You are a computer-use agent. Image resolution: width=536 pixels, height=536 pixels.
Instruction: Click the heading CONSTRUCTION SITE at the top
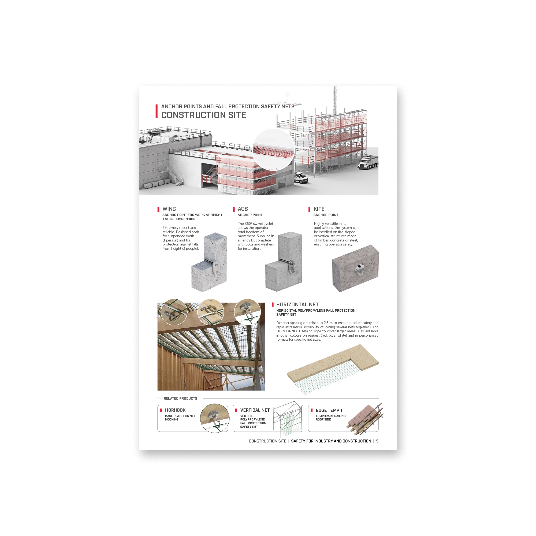(204, 115)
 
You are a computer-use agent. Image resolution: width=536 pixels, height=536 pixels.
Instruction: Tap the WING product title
(169, 209)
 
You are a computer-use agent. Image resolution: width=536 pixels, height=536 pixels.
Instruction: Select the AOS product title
(243, 209)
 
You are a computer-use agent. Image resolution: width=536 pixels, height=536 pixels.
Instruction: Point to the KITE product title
(319, 209)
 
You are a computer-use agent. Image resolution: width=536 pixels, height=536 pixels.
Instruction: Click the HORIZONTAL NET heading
(297, 304)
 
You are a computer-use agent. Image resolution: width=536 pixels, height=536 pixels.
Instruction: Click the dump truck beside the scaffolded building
(368, 162)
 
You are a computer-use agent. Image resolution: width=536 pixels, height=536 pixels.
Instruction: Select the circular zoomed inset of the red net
(273, 149)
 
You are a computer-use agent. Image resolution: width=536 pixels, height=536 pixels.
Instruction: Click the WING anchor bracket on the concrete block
(216, 269)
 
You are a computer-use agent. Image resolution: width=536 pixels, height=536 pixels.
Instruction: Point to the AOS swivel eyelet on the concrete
(291, 267)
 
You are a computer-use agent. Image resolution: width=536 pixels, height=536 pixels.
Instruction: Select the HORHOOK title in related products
(175, 410)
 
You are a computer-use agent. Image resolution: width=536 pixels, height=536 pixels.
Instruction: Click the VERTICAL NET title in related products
(255, 410)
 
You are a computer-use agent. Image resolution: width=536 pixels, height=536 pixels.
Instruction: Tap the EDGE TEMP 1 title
(329, 410)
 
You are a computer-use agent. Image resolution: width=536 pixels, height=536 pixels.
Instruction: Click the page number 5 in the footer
(377, 441)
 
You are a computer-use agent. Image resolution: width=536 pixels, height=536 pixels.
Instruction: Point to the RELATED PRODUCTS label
(180, 399)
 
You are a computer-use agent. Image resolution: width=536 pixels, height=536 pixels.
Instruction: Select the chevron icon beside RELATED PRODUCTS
(160, 399)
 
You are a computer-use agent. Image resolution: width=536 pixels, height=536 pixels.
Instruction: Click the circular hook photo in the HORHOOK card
(215, 418)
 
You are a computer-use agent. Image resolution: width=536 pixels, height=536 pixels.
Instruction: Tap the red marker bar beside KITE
(309, 209)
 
